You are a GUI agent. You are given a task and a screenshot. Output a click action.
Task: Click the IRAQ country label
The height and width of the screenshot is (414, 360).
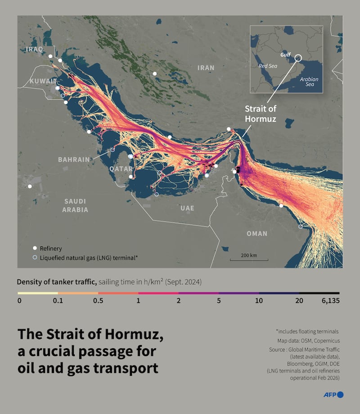35,49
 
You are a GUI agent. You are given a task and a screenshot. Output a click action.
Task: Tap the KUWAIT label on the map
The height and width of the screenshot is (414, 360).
43,81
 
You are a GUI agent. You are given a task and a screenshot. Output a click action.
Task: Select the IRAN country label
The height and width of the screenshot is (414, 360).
206,68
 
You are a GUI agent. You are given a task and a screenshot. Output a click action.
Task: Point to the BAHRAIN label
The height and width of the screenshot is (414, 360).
74,159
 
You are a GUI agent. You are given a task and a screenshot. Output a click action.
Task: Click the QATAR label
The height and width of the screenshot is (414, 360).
121,168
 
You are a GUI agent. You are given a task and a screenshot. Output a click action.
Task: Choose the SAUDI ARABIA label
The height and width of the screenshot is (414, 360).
75,205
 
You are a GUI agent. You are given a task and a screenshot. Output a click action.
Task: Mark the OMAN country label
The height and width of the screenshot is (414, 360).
256,233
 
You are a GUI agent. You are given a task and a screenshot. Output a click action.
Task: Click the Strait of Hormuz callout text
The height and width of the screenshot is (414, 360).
260,114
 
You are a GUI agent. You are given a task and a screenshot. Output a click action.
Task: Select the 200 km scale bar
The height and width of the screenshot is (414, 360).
249,259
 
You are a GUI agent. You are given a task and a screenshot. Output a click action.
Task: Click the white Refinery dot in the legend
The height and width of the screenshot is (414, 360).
34,248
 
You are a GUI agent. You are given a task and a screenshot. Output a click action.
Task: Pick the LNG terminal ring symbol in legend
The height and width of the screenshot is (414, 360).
34,258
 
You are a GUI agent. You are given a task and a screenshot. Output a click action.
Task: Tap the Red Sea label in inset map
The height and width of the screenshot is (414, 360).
268,65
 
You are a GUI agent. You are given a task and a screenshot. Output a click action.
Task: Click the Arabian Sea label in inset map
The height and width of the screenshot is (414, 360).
309,82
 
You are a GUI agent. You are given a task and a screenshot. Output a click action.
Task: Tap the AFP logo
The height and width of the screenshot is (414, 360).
333,395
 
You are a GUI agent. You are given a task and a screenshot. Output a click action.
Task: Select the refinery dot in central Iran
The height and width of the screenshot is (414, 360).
154,73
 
